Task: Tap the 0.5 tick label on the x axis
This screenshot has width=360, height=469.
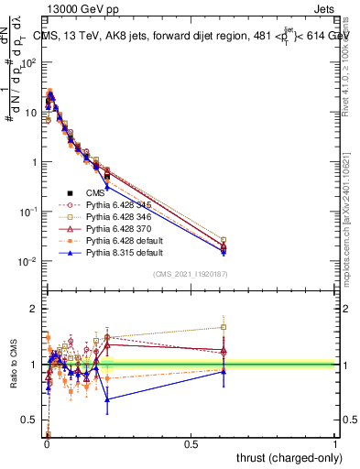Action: click(x=191, y=444)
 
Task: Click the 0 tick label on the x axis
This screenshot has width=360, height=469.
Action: click(x=47, y=444)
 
